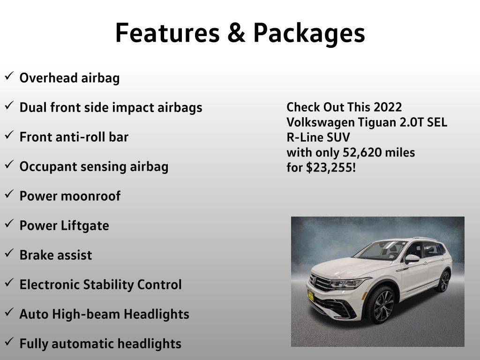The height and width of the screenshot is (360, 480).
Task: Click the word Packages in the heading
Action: click(x=309, y=34)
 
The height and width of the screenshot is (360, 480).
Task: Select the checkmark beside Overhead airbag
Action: click(x=9, y=75)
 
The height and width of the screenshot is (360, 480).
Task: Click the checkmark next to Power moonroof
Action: click(x=9, y=194)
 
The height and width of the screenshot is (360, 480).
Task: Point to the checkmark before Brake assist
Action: click(x=9, y=253)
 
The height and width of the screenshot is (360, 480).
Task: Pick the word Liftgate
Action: click(x=85, y=226)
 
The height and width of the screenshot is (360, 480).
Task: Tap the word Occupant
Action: click(x=48, y=167)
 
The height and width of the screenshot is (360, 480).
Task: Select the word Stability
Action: click(x=108, y=285)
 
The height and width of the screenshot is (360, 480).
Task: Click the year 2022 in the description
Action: click(x=388, y=107)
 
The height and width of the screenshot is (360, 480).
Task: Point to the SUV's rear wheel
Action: click(x=444, y=281)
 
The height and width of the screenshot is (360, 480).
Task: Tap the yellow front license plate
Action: click(x=311, y=296)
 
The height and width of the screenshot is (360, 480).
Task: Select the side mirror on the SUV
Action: click(x=412, y=259)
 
